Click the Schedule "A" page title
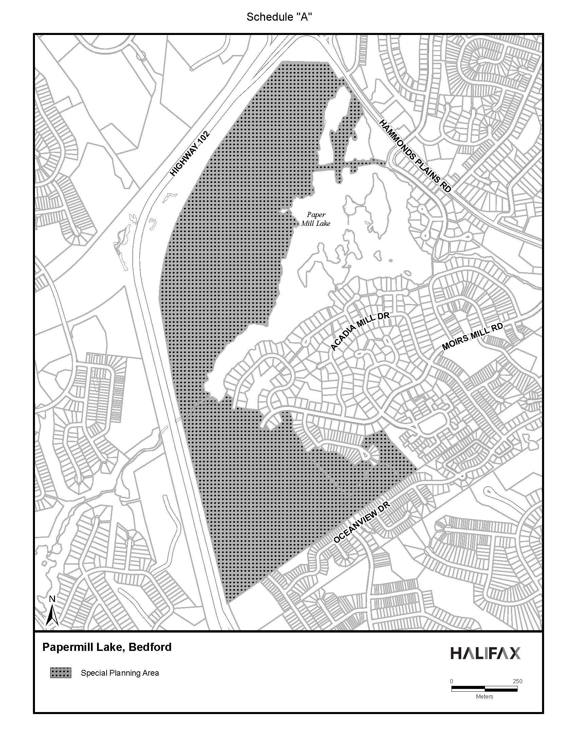click(x=279, y=17)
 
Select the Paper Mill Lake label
click(x=316, y=219)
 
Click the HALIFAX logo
click(x=485, y=653)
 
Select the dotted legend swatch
click(x=60, y=673)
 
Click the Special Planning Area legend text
click(x=119, y=673)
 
